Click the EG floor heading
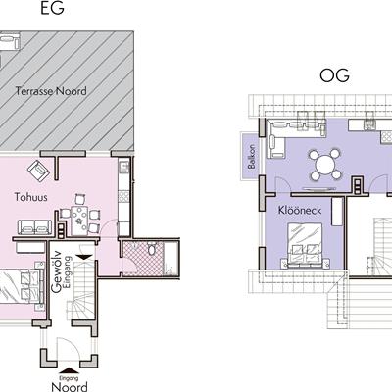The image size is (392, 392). pos(52,8)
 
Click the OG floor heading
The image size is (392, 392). pos(334,75)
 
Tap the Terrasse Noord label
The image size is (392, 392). pos(51,91)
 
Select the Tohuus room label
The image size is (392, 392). pos(30,197)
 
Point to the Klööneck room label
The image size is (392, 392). pos(300,210)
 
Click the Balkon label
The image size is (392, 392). pos(251,157)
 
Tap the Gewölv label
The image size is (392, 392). pos(56,270)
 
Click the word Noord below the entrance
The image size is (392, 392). pos(70,387)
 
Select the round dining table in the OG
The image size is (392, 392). pos(325,165)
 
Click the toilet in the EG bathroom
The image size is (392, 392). pos(152,249)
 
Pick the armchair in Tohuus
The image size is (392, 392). pos(38,171)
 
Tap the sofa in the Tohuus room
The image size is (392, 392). pos(34,227)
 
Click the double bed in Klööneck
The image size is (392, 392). pos(305,245)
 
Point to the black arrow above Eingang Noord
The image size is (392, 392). pos(69,371)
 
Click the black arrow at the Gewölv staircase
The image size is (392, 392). pos(85,257)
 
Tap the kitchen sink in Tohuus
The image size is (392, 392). pos(123,168)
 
